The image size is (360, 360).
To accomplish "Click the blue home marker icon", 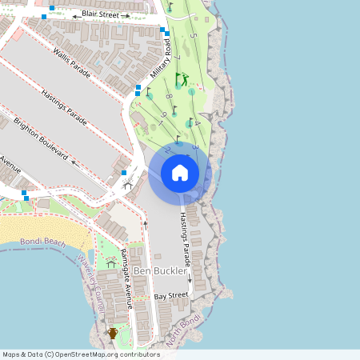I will coord(180,173).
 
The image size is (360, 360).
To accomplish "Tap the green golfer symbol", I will coord(182,79).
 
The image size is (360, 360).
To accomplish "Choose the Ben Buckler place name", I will coord(160,271).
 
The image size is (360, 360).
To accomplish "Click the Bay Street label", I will coord(170,296).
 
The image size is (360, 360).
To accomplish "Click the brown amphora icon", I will coord(113,333).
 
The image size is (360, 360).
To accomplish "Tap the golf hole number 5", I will coord(193,36).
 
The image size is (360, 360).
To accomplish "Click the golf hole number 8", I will coord(169,97).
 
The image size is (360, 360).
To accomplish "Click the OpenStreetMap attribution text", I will coord(80,354).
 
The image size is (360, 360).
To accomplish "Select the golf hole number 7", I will coord(178,58).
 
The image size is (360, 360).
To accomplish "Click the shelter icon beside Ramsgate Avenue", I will coord(110,261).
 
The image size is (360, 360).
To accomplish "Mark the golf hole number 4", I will coord(198,122).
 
